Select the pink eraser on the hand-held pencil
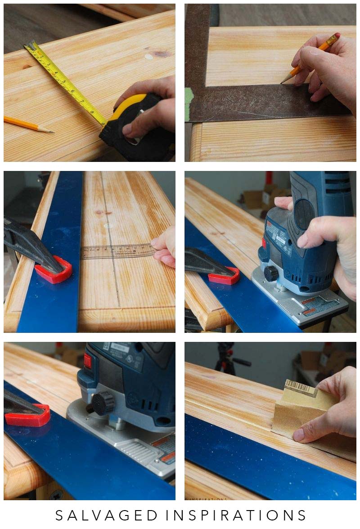(x=337, y=36)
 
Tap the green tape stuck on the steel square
(x=189, y=104)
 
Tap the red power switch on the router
(x=87, y=361)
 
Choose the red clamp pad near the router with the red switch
(x=28, y=415)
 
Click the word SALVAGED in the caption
(x=105, y=515)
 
